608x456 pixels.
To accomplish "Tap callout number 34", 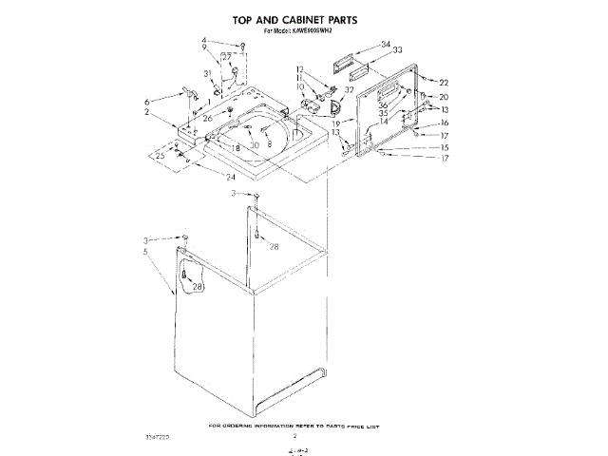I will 386,45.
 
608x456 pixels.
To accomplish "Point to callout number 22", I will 444,83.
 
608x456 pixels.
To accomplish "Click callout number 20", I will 443,97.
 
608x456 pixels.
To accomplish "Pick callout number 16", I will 444,123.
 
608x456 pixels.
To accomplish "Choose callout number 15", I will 444,147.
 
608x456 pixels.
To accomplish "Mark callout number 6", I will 147,102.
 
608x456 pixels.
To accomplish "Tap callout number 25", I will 161,154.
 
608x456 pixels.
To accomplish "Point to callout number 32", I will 350,89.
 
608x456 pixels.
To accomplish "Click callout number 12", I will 299,69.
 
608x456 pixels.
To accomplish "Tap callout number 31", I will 206,73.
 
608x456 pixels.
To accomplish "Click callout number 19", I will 336,123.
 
